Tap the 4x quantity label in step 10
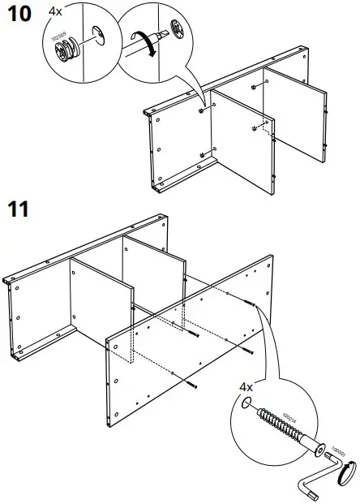(x=56, y=11)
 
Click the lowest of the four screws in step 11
(x=191, y=382)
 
